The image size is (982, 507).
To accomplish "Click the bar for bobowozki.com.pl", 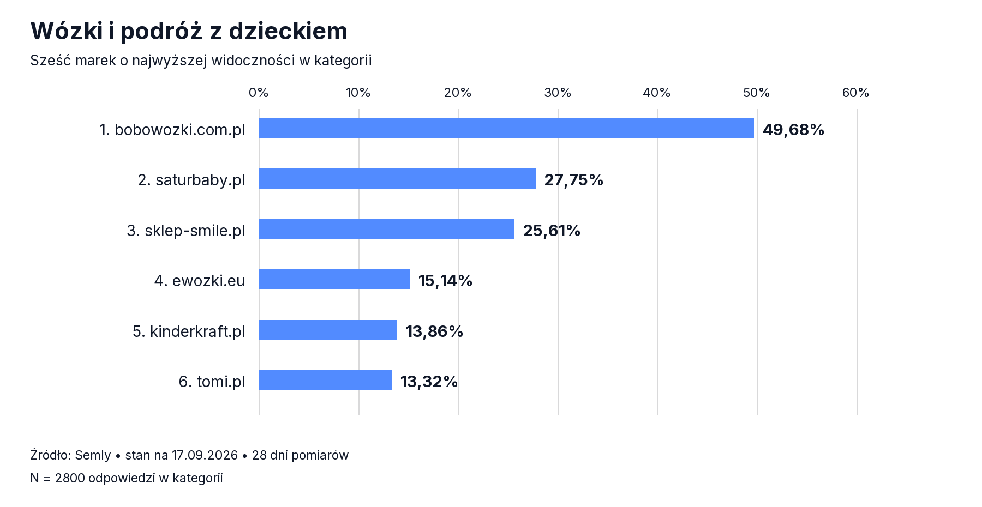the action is (x=506, y=129).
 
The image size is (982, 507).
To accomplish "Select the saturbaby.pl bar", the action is (x=397, y=179).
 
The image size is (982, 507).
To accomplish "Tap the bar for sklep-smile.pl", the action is (x=387, y=230).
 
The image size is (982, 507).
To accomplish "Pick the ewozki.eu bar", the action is (x=334, y=280).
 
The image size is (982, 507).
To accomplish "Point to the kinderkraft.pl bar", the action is (x=328, y=330).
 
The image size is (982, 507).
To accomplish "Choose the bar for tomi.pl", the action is (x=326, y=381).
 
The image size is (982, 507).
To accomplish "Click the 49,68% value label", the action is (x=793, y=130).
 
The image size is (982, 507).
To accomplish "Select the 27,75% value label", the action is (x=573, y=180).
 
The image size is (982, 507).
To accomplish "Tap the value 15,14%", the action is (x=445, y=281).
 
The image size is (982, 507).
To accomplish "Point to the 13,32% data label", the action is (x=429, y=382).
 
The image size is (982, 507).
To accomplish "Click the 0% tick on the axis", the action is (x=259, y=93).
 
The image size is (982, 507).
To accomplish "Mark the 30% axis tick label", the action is (x=558, y=93).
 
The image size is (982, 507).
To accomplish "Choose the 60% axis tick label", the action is (x=855, y=93).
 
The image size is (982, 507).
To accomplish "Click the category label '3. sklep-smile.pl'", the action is (x=186, y=231).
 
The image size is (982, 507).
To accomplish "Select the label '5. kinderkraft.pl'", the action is (x=189, y=331).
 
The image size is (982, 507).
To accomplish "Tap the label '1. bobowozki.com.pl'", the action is (x=172, y=130).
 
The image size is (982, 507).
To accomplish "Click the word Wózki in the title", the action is (x=67, y=31).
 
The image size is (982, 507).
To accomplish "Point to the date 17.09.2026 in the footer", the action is (x=205, y=455).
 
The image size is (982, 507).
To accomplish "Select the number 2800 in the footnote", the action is (x=70, y=478).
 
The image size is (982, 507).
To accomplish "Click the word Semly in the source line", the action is (x=93, y=455).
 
